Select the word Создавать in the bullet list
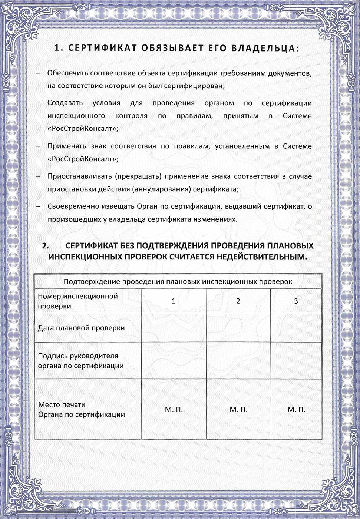[x=65, y=103]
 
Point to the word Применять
[x=67, y=146]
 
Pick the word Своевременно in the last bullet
[x=72, y=206]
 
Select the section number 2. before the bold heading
[x=46, y=246]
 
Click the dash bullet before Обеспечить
[x=38, y=73]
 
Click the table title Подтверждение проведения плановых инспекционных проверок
[x=178, y=281]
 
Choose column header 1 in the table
[x=174, y=301]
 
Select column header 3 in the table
[x=296, y=301]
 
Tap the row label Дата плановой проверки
[x=81, y=328]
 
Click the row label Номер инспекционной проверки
[x=78, y=301]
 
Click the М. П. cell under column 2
[x=238, y=410]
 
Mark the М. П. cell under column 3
[x=296, y=410]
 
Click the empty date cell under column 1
[x=174, y=328]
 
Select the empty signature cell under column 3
[x=296, y=361]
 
